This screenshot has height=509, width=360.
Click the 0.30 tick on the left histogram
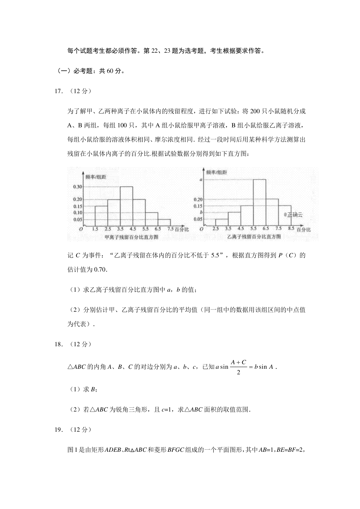78,187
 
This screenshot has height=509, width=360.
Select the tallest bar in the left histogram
126,206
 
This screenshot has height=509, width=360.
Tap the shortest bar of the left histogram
164,222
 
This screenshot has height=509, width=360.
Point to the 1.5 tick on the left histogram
95,229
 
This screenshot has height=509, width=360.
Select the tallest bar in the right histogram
259,202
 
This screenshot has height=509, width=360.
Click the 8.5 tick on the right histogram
291,229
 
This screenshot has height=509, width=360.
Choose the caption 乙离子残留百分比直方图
254,237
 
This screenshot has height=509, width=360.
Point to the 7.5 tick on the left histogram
170,229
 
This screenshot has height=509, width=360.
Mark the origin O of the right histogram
201,229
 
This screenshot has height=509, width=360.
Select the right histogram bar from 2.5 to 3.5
222,222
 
